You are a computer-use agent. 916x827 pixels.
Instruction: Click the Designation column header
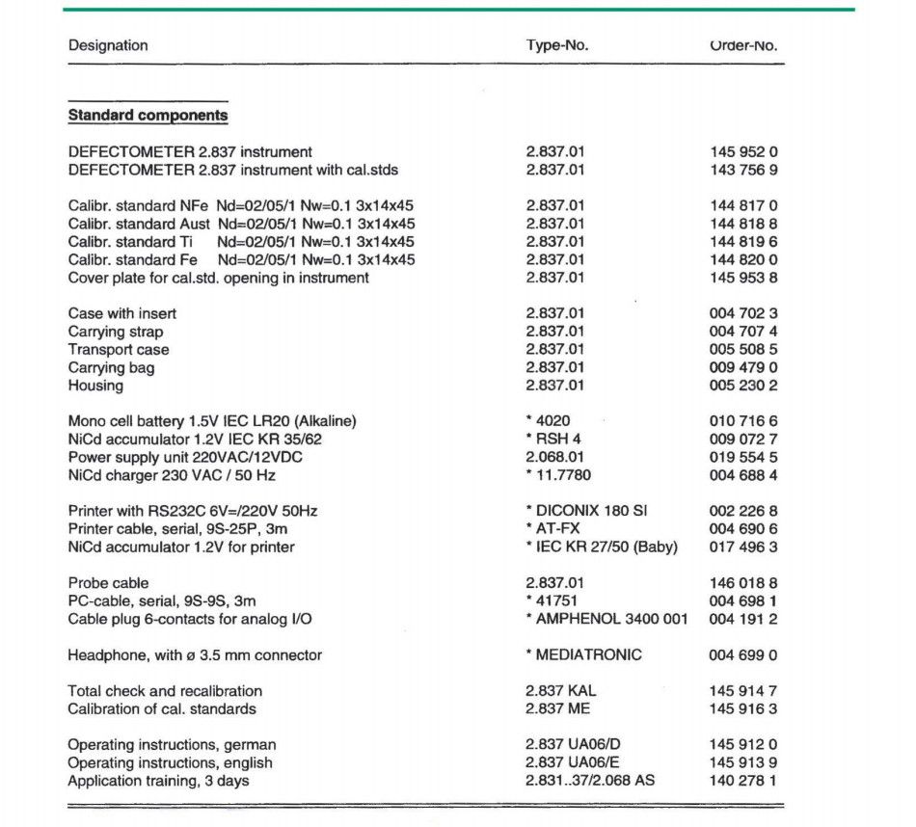click(108, 45)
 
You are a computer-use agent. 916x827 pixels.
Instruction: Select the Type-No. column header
click(556, 45)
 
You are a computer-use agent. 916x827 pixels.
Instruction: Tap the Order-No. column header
click(742, 45)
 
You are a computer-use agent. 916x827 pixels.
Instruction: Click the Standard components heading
click(148, 116)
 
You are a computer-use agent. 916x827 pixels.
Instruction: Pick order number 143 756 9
click(742, 170)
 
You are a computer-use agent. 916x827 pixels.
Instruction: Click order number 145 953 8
click(742, 278)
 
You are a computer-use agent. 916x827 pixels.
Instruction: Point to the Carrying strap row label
click(116, 332)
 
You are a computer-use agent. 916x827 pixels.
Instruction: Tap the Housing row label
click(95, 386)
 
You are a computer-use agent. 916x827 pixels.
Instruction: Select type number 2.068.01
click(555, 457)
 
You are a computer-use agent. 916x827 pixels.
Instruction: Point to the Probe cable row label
click(108, 583)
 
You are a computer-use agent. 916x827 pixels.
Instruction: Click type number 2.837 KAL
click(564, 691)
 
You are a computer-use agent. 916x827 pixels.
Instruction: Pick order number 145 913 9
click(742, 762)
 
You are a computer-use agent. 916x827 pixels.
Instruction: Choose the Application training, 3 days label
click(158, 781)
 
